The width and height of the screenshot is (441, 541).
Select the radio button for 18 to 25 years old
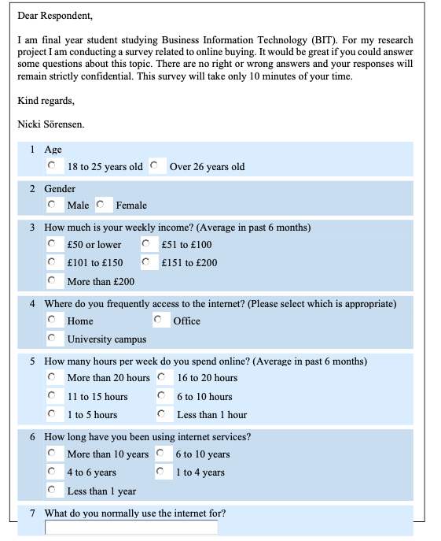(52, 166)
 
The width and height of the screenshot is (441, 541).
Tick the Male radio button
(52, 205)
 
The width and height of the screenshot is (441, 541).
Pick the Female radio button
(101, 205)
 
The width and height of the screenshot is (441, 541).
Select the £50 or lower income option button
(52, 244)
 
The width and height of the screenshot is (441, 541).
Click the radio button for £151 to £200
(146, 262)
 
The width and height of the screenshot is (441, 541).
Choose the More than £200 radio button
(52, 280)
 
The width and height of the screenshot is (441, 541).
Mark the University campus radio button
(52, 339)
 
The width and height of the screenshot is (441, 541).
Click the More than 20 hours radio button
(52, 377)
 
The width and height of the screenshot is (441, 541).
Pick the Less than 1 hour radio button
(162, 414)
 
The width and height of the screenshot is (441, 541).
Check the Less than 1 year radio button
(52, 491)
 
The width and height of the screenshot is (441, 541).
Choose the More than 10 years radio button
(52, 454)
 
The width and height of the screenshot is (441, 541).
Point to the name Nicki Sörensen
(50, 124)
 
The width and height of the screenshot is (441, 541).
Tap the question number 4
(32, 303)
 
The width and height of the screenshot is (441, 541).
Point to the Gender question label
(60, 189)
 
